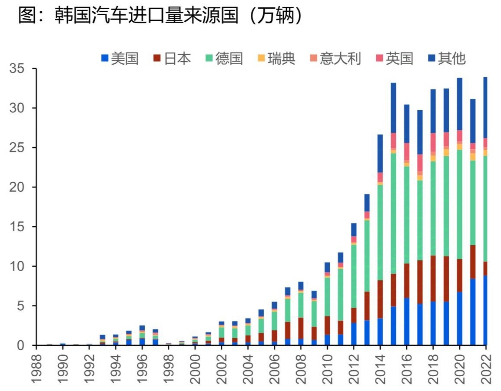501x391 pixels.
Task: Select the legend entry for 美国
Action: click(120, 59)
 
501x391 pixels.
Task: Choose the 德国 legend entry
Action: click(224, 59)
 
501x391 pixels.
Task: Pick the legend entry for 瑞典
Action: click(276, 59)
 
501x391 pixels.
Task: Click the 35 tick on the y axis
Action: click(17, 69)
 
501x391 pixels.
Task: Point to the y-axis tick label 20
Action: click(17, 187)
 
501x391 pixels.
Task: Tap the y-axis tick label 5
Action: click(21, 306)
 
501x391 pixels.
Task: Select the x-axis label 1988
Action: click(37, 368)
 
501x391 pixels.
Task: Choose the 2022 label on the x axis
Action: click(485, 368)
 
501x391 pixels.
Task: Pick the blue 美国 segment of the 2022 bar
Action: click(485, 310)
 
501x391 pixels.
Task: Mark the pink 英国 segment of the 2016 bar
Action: click(407, 151)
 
